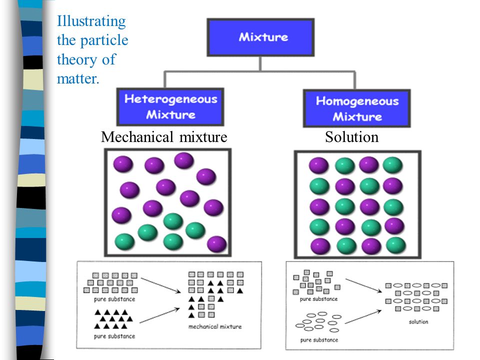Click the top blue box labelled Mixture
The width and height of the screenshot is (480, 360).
tap(260, 37)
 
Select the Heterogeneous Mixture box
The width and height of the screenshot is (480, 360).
tap(170, 107)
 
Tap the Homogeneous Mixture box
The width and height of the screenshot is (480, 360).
tap(356, 108)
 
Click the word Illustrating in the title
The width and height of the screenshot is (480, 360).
tap(91, 22)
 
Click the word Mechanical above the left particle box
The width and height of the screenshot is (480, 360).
tap(137, 137)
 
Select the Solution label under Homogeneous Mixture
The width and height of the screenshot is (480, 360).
tap(351, 137)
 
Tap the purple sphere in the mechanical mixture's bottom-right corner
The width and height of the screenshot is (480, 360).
tap(216, 244)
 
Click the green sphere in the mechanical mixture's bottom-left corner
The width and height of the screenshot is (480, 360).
tap(124, 242)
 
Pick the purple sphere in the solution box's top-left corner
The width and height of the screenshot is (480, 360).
tap(318, 165)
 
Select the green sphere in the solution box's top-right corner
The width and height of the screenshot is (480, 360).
tap(393, 165)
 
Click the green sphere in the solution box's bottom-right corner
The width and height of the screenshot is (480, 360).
tap(396, 245)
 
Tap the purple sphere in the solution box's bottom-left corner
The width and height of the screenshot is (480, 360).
tap(320, 246)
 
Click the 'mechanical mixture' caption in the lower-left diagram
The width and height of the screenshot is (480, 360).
tap(215, 326)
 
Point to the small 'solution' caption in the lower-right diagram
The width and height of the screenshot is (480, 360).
tap(418, 321)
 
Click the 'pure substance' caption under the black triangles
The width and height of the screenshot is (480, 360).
tap(114, 336)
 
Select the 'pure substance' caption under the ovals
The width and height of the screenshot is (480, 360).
tap(319, 340)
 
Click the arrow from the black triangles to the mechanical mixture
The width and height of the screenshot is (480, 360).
tap(159, 315)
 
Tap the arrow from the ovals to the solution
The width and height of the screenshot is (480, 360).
tap(363, 317)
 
